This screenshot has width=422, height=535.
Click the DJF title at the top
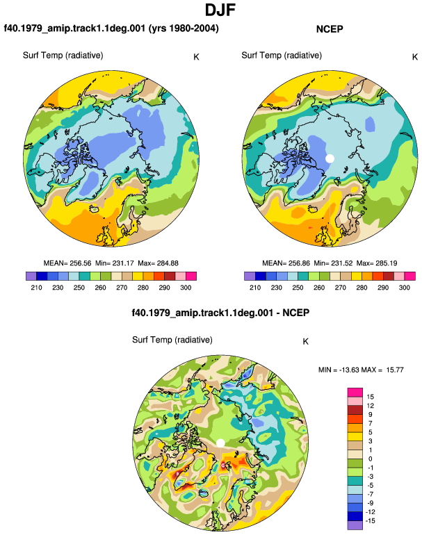pos(220,10)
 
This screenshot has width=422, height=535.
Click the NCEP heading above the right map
pos(330,29)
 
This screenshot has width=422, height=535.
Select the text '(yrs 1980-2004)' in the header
pos(184,28)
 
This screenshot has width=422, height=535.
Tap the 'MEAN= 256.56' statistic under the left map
pos(67,263)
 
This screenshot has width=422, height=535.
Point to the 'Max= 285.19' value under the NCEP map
pos(377,263)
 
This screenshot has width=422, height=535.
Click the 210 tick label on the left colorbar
pos(36,288)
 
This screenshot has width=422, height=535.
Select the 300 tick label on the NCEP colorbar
pos(404,288)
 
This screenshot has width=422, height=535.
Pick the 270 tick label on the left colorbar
pos(122,288)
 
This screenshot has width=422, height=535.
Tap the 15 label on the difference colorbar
pos(371,397)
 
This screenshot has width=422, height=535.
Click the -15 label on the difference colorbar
pos(371,521)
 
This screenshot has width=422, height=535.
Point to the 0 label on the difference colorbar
pos(371,459)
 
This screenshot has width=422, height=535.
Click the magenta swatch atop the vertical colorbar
pos(355,393)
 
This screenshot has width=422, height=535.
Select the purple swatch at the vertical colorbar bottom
pos(355,525)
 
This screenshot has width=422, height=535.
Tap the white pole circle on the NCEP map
pos(330,158)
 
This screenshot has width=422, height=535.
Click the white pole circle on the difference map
pos(220,443)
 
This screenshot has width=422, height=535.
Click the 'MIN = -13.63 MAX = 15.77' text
pos(361,370)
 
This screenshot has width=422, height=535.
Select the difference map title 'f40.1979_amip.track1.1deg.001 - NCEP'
pos(220,313)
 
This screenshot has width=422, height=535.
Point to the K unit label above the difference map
pos(306,342)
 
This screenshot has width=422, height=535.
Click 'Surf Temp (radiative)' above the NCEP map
pos(282,56)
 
